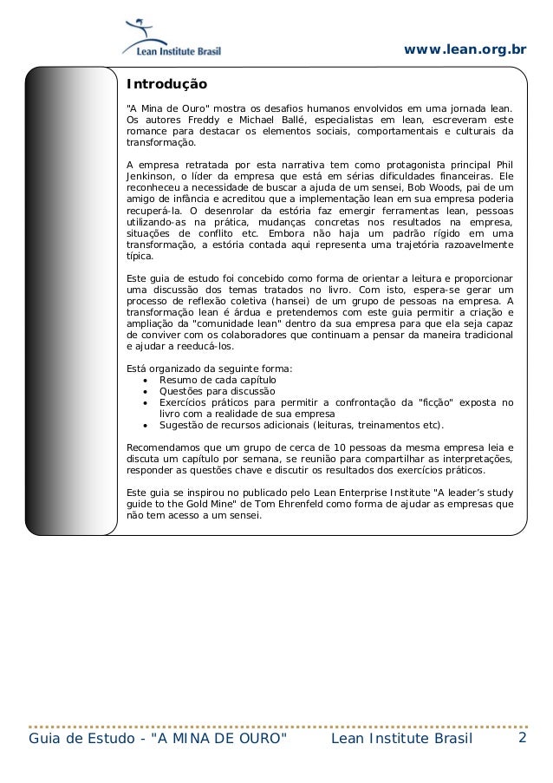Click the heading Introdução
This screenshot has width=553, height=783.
tap(167, 85)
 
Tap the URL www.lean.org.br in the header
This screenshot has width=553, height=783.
tap(465, 49)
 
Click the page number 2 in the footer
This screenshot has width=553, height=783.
tap(523, 738)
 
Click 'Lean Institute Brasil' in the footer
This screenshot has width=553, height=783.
tap(402, 739)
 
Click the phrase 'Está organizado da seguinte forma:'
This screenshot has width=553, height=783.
tap(210, 369)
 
